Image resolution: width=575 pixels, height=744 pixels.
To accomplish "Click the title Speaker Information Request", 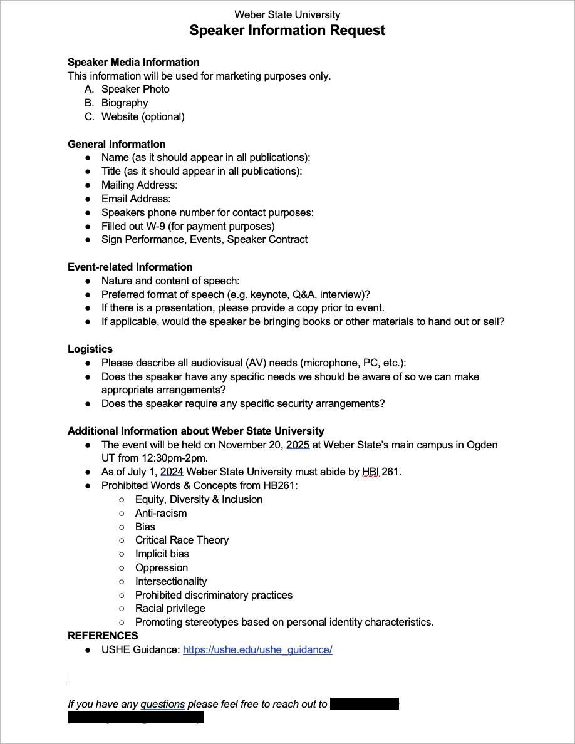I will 287,30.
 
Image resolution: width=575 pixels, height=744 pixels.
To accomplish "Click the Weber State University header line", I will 287,14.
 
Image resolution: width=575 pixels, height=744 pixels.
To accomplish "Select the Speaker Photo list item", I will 135,89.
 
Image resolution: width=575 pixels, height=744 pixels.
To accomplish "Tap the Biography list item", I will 125,103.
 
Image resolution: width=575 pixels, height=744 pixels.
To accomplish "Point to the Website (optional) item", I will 143,116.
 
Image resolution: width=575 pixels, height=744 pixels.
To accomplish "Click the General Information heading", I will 117,144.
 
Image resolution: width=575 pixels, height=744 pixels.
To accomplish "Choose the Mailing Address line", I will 139,185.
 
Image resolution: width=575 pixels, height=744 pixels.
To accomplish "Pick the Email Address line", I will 136,199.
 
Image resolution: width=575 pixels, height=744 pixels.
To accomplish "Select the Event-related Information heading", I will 130,267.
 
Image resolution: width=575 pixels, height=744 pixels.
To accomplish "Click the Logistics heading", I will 90,349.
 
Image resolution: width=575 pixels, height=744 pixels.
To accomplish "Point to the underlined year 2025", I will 298,445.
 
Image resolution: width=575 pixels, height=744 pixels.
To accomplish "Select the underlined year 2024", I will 172,472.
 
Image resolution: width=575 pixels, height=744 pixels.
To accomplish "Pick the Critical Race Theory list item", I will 182,540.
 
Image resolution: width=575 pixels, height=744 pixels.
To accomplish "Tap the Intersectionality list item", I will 171,581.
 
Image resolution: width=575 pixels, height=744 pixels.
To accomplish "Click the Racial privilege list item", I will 170,608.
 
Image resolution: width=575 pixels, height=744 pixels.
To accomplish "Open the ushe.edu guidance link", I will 257,649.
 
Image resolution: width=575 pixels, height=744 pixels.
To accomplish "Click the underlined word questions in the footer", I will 162,704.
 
